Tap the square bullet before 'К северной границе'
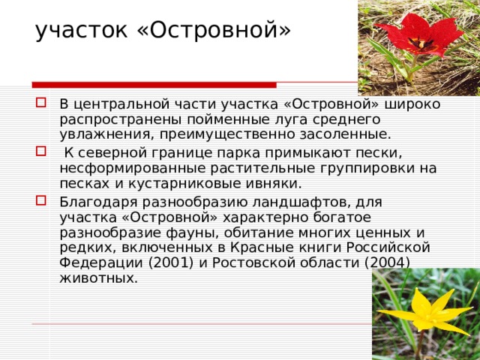(42, 154)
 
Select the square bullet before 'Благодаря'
(42, 202)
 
